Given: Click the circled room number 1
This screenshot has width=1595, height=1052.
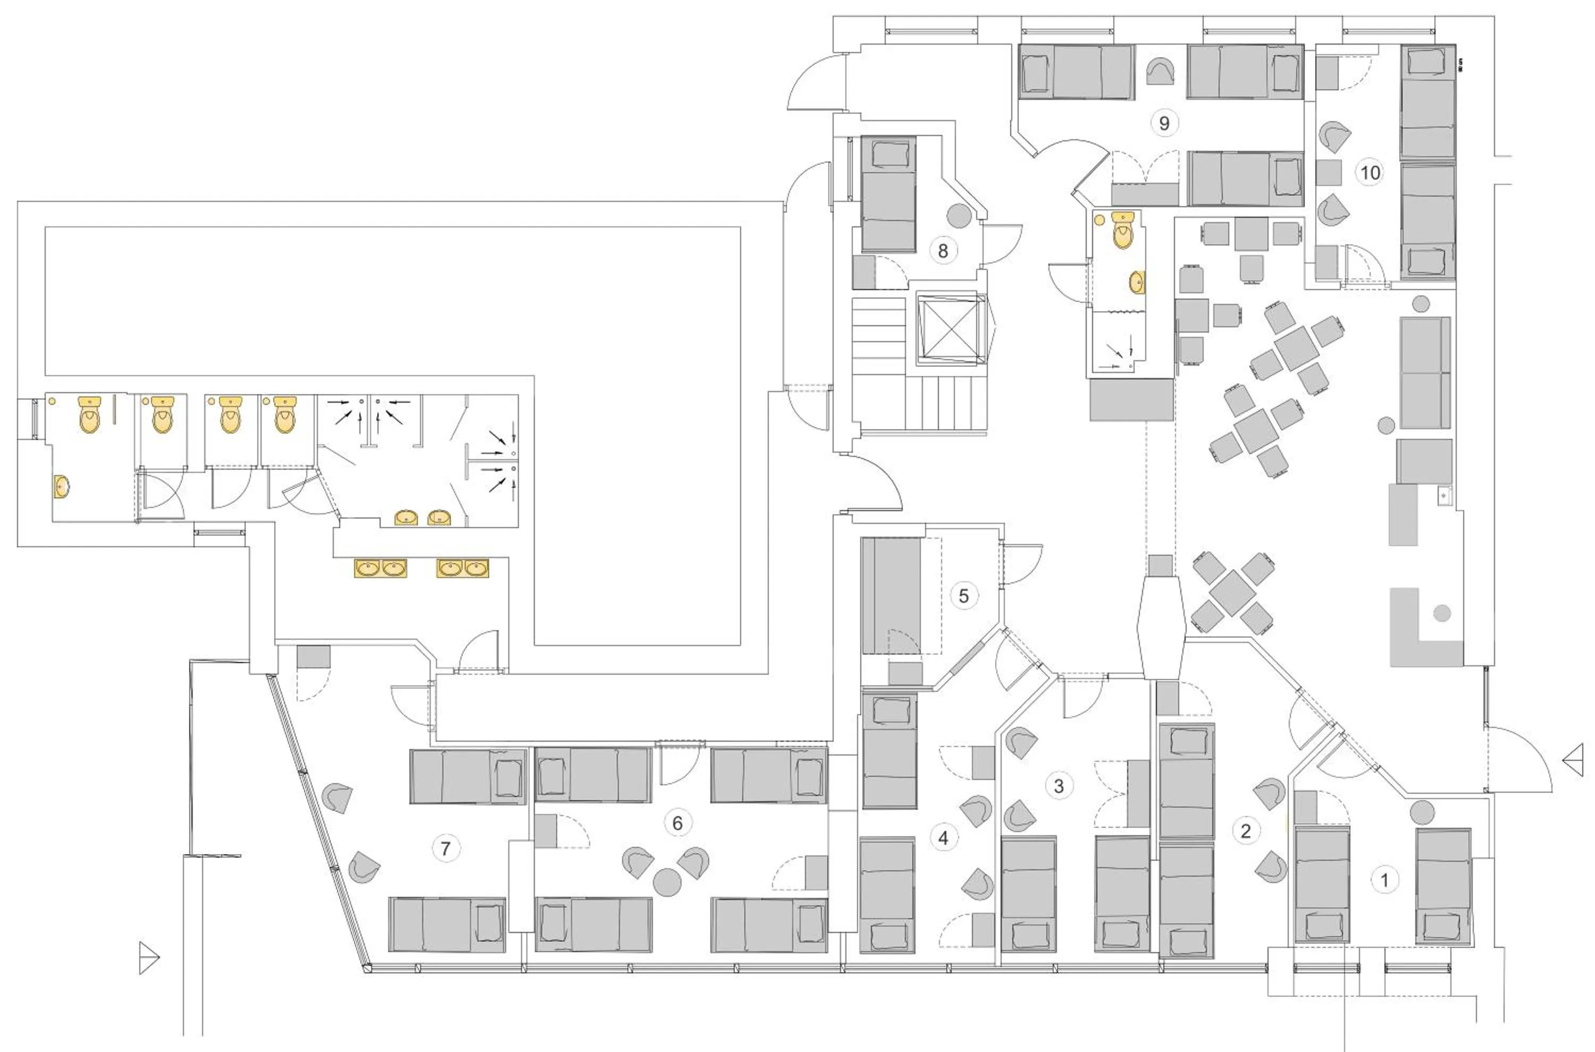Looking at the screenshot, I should tap(1384, 879).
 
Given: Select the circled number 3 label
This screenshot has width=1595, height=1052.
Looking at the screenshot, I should tap(1059, 786).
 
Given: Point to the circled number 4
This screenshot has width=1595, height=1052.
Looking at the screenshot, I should tap(943, 837).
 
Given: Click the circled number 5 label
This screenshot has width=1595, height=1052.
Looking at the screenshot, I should tap(963, 596).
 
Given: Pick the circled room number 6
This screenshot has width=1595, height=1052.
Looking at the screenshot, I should tap(677, 822).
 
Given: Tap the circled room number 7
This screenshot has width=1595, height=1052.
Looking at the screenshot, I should tap(446, 849).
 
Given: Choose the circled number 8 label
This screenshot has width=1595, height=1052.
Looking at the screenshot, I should tap(943, 251).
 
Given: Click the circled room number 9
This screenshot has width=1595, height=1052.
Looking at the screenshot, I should tap(1164, 123).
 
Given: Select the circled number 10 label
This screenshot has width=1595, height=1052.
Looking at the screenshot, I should tap(1370, 173).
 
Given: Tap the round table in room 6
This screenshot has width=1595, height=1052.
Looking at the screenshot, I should tap(667, 881).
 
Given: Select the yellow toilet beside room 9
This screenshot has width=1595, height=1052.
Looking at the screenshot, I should tap(1122, 230).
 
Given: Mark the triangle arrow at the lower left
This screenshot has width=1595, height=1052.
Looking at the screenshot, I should tap(148, 957).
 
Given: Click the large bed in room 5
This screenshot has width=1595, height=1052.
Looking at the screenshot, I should tap(892, 596).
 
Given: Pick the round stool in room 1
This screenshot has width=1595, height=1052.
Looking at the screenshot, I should tap(1422, 812).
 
